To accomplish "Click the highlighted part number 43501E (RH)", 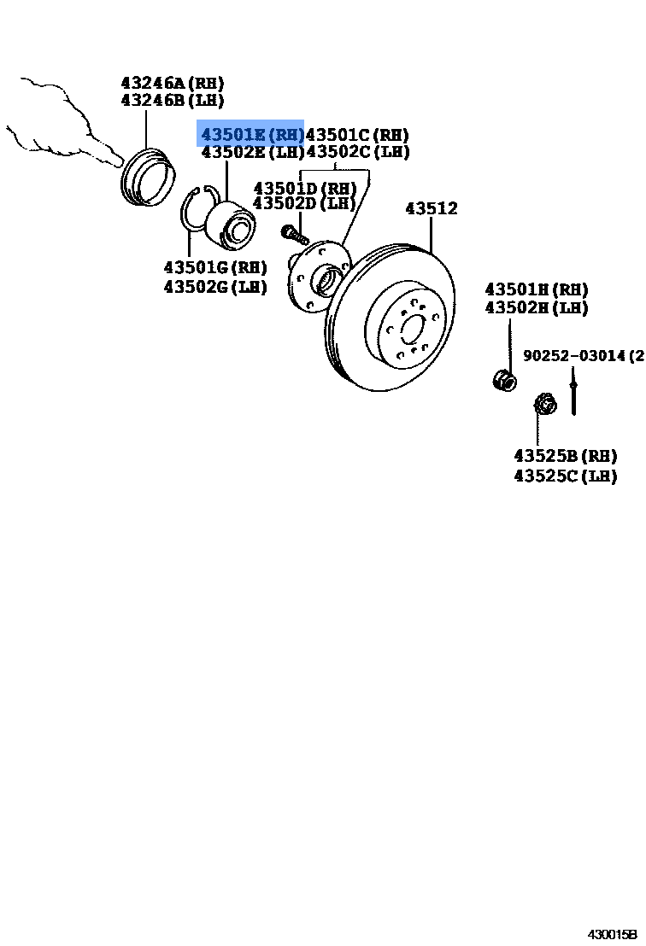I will pyautogui.click(x=251, y=134).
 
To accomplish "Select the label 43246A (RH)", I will pyautogui.click(x=172, y=83).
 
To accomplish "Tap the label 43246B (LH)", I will pyautogui.click(x=172, y=100).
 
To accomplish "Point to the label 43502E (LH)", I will pyautogui.click(x=252, y=152).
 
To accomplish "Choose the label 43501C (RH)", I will pyautogui.click(x=357, y=134).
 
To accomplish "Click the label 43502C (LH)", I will pyautogui.click(x=357, y=152).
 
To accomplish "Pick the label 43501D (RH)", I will pyautogui.click(x=304, y=187).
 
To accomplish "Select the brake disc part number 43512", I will pyautogui.click(x=431, y=208).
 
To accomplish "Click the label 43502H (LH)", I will pyautogui.click(x=537, y=307).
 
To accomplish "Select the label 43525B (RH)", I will pyautogui.click(x=565, y=456).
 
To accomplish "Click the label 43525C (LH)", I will pyautogui.click(x=565, y=476).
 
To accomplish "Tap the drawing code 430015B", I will pyautogui.click(x=611, y=935).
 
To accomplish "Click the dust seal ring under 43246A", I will pyautogui.click(x=147, y=178).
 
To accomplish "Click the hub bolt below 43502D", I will pyautogui.click(x=292, y=232).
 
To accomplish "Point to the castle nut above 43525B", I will pyautogui.click(x=542, y=403).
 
